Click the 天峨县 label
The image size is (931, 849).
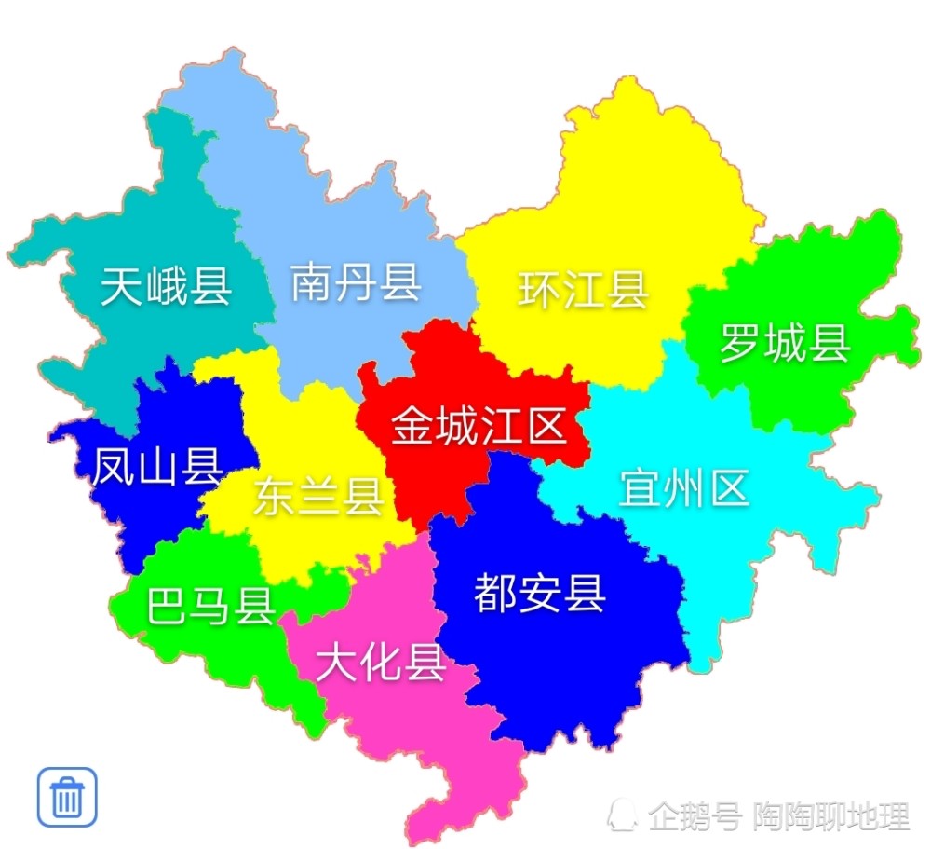(x=167, y=286)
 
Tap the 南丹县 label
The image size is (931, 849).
(x=356, y=281)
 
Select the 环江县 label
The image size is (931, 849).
(x=583, y=289)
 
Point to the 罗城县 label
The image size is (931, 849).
(x=785, y=343)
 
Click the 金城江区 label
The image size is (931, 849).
(x=479, y=427)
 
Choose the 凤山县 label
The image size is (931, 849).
(x=156, y=467)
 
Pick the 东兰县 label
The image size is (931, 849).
(x=318, y=496)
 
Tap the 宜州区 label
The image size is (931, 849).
(x=684, y=487)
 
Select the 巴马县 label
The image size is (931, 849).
(x=211, y=607)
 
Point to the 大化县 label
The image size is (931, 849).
(x=381, y=663)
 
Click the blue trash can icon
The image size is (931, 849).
(x=67, y=797)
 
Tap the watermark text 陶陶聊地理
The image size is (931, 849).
(x=831, y=817)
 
